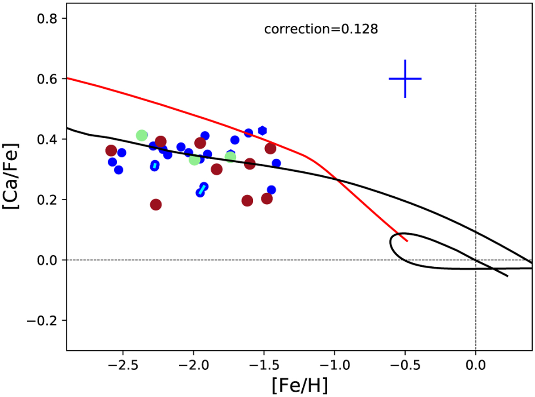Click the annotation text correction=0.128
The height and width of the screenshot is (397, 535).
pos(321,30)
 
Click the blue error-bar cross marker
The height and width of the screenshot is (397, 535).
pos(405,79)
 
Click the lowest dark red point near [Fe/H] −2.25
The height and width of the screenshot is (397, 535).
pos(156,205)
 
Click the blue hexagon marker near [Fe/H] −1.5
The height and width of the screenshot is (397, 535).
pos(263,130)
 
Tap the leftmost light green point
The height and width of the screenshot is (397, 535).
pos(142,135)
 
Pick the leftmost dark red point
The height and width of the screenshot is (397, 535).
pos(111,151)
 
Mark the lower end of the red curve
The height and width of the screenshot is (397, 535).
pos(407,241)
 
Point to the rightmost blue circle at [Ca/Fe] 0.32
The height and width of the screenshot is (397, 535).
pos(276,163)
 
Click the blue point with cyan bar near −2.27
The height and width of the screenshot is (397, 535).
pos(155,165)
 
